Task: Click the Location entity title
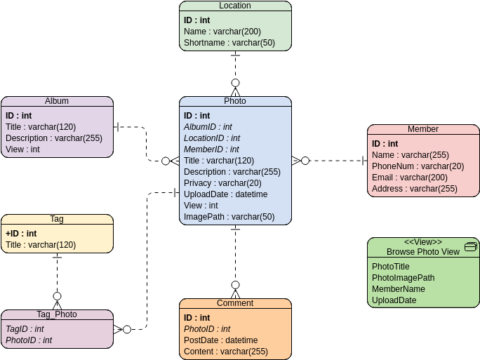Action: coord(235,6)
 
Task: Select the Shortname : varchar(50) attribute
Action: coord(229,43)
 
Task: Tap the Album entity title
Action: coord(57,101)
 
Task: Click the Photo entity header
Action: coord(235,101)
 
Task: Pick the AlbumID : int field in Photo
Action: coord(208,127)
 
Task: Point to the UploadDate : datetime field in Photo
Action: coord(225,194)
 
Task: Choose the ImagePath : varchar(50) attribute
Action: coord(229,217)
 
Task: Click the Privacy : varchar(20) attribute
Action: coord(222,183)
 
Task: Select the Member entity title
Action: coord(423,129)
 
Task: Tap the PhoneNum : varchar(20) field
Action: coord(418,166)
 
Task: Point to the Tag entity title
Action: coord(57,219)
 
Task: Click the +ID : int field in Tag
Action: coord(21,234)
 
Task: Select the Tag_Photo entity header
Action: coord(57,314)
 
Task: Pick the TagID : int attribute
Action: coord(25,329)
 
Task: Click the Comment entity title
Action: coord(235,303)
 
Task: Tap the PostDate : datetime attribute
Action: coord(220,340)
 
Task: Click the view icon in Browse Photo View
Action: coord(471,246)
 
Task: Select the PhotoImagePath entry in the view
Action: coord(403,278)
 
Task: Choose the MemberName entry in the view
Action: coord(399,289)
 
